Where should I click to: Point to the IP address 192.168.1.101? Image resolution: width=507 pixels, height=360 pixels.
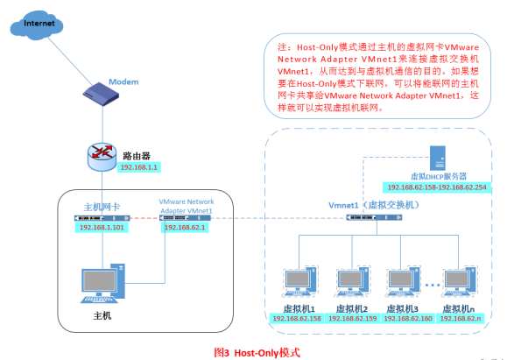[102, 227]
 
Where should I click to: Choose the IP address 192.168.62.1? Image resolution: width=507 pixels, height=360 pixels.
[187, 227]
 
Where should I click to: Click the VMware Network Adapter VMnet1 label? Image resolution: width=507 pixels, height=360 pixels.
[187, 207]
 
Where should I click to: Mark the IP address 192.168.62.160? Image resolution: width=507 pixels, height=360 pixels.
[404, 318]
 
